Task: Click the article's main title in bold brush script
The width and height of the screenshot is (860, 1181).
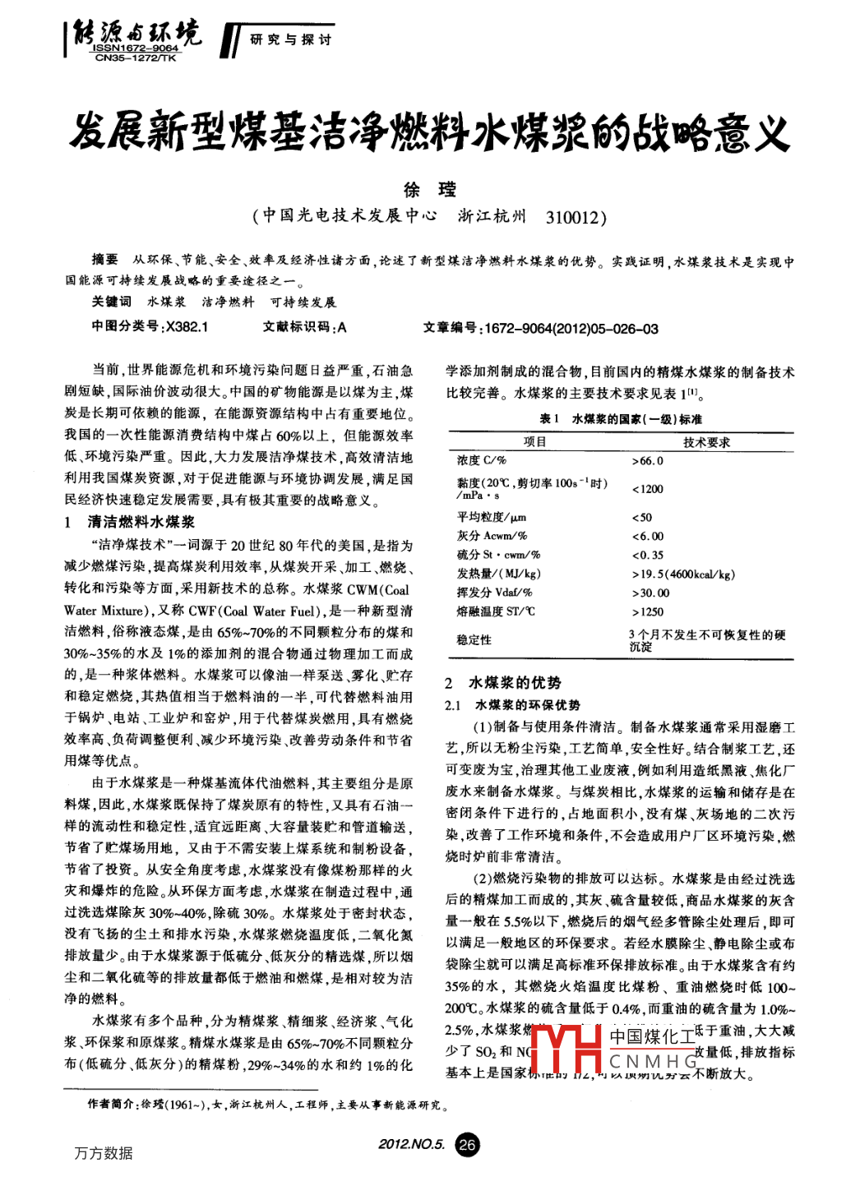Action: click(429, 132)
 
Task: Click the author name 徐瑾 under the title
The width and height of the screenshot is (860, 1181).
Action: click(429, 190)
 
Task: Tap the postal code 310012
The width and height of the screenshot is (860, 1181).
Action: click(576, 217)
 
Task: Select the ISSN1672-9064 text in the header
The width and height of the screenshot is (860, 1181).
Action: click(136, 48)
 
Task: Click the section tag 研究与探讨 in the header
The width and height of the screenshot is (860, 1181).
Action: click(290, 39)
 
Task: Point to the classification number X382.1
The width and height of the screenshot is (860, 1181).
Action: click(187, 327)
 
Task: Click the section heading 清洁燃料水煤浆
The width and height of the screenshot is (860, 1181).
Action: click(141, 522)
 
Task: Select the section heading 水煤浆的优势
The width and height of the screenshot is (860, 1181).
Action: click(515, 683)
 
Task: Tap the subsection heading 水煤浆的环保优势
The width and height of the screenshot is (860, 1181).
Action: click(528, 705)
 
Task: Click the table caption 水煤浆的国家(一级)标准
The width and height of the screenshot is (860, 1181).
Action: click(636, 419)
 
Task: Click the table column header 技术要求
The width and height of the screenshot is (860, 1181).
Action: click(706, 442)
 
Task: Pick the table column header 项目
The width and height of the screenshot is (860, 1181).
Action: click(534, 442)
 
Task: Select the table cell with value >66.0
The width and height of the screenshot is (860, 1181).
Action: click(648, 461)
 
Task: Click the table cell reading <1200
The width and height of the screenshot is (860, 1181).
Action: click(648, 489)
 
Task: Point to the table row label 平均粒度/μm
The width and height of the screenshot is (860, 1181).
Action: click(492, 517)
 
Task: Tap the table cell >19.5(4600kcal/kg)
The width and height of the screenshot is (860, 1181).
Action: click(684, 574)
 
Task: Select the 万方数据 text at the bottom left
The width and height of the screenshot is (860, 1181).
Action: click(104, 1153)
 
